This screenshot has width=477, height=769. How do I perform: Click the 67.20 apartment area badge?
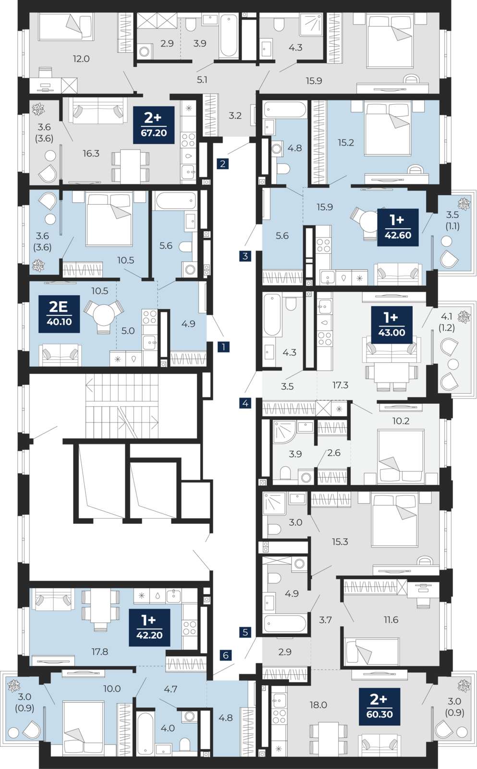point(154,125)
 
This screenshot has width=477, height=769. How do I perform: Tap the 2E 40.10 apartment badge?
point(59,314)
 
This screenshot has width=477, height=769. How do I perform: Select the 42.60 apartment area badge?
point(398,227)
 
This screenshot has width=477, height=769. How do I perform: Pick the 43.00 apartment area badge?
point(391,325)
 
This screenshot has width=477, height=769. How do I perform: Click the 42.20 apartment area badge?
point(149,628)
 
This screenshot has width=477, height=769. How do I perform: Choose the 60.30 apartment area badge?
point(379,707)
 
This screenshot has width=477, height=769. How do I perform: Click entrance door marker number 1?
point(223,347)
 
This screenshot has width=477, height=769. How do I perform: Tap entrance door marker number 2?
point(223,164)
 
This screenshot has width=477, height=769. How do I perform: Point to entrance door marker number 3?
point(245,256)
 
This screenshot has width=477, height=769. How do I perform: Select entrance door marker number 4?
point(245,403)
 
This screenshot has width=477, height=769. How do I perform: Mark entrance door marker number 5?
point(245,632)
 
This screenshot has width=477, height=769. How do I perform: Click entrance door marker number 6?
point(225,655)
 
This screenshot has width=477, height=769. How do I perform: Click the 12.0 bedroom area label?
point(81,59)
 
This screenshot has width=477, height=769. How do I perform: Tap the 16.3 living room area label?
point(91,153)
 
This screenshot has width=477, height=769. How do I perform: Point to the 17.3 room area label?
point(340,385)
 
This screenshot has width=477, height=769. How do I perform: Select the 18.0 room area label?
point(318,705)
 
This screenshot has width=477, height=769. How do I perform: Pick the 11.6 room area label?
point(391,620)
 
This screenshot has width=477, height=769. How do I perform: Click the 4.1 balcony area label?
point(446,316)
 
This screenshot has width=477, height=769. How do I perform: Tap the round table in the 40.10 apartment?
point(104,314)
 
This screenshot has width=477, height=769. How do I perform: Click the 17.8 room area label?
point(99,652)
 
